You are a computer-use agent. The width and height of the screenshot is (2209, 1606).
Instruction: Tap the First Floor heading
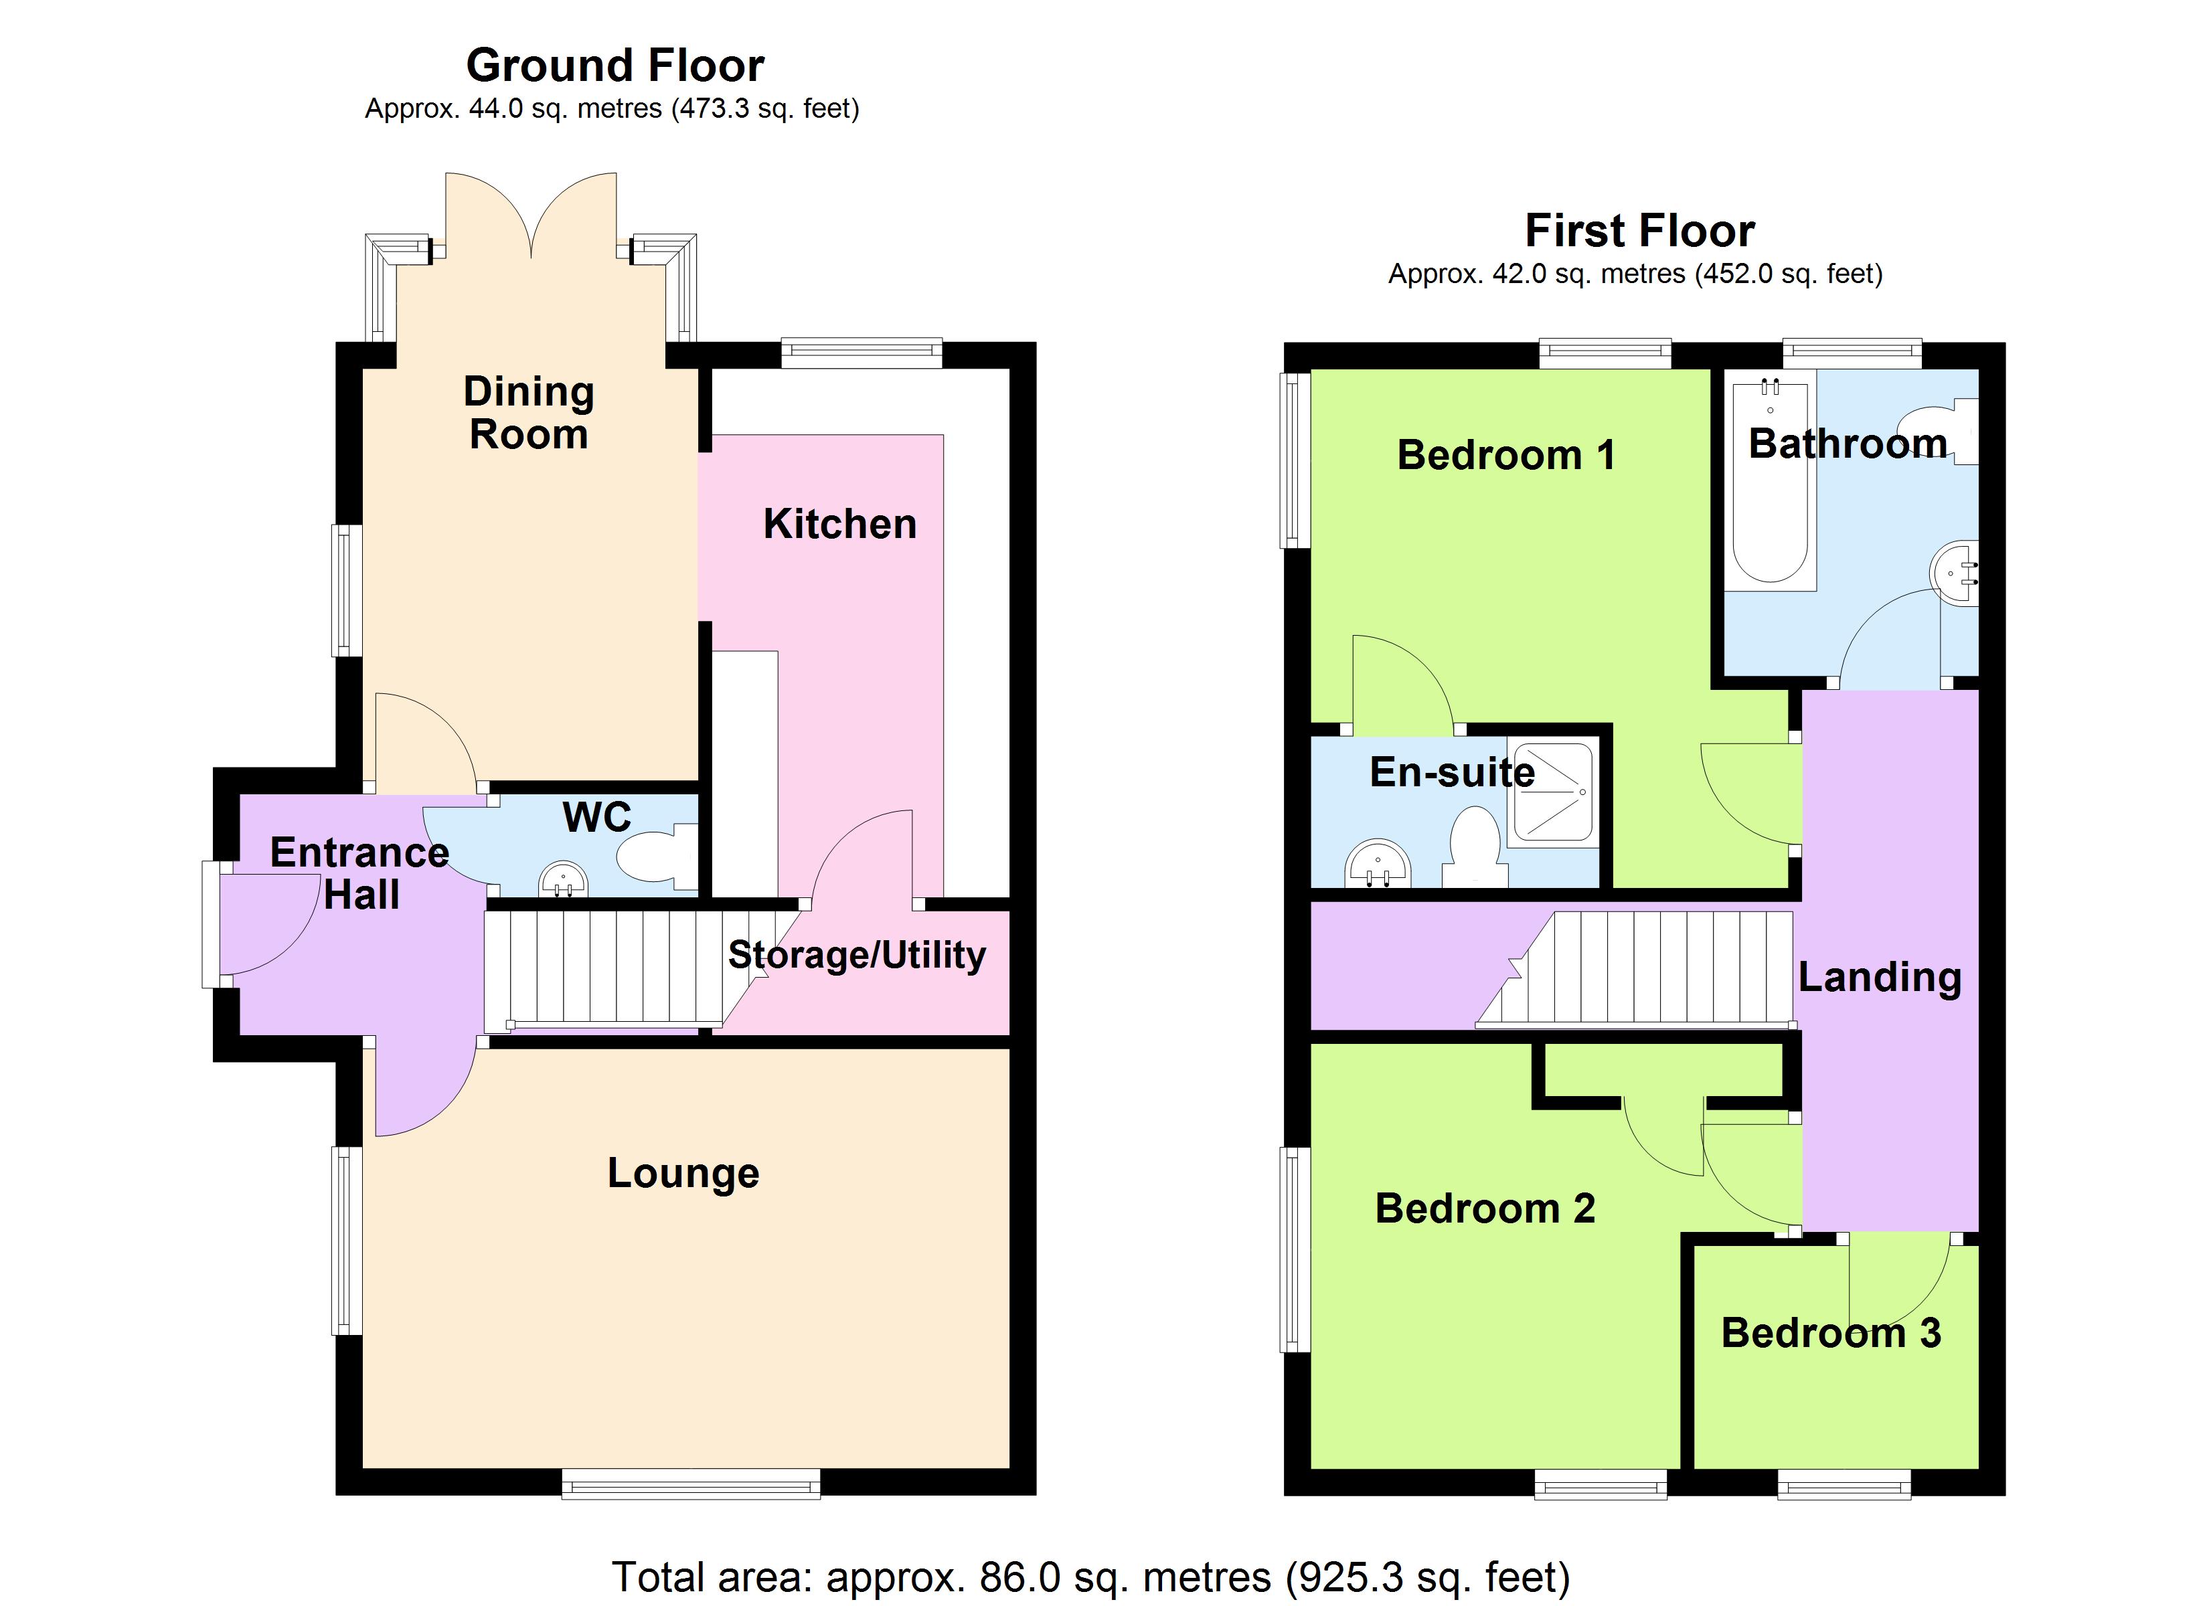(1640, 232)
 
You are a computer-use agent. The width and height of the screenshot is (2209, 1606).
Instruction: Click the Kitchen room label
(839, 524)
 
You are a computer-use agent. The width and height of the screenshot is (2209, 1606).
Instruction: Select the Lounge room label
(683, 1174)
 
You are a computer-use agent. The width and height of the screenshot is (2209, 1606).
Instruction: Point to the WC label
(597, 817)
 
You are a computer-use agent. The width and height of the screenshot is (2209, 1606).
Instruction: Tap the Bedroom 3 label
(1831, 1332)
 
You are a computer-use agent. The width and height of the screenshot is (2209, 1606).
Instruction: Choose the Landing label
(1880, 977)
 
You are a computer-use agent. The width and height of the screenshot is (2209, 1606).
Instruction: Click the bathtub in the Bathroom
(1771, 484)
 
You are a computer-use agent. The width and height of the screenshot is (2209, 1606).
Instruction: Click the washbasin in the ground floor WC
(563, 879)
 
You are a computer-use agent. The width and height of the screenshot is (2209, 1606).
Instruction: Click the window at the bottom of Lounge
(691, 1484)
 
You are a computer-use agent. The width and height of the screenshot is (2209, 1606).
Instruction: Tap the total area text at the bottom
(1091, 1577)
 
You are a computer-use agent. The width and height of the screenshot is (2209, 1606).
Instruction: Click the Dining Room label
(529, 413)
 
